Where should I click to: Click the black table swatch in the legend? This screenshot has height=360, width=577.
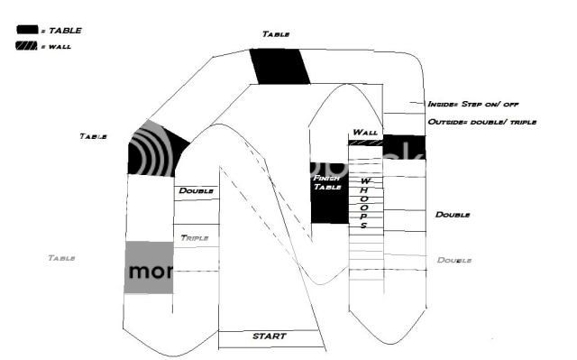click(28, 30)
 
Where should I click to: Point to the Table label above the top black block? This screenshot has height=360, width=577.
click(276, 33)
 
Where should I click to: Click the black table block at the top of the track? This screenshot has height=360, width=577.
click(279, 65)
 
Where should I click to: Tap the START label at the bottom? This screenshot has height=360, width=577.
click(269, 337)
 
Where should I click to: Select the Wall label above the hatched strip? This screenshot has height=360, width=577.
click(364, 132)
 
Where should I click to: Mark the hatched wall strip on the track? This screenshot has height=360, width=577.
click(364, 142)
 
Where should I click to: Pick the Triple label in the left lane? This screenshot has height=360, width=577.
click(195, 238)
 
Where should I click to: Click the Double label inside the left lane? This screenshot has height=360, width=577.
click(196, 190)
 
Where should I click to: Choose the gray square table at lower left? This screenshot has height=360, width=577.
click(147, 267)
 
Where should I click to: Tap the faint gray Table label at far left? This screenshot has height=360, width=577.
click(60, 258)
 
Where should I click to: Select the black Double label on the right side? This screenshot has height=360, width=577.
click(453, 215)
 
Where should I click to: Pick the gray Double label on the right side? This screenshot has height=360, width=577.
click(454, 260)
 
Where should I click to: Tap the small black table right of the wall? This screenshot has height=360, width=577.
click(403, 146)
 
